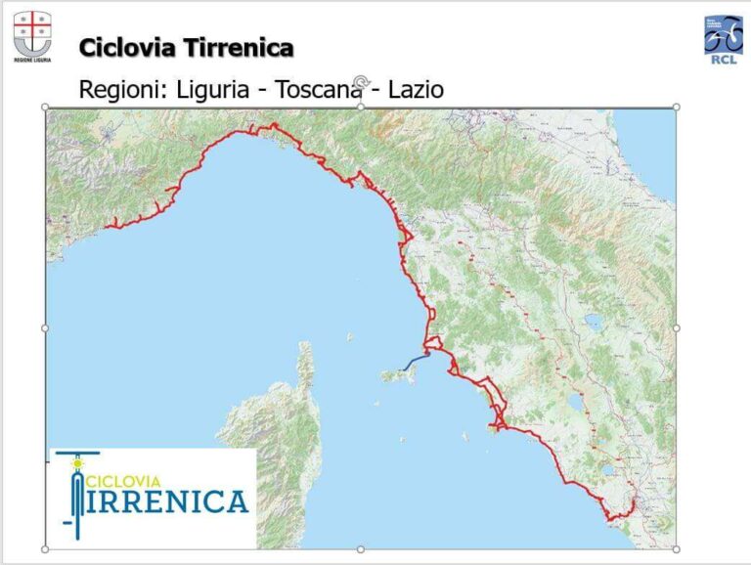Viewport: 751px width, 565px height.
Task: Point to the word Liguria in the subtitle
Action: pos(215,90)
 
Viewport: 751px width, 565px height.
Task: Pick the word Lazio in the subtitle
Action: pos(416,90)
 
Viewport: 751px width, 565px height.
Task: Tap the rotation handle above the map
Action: pos(361,84)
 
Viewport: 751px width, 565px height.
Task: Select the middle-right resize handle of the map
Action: pos(676,327)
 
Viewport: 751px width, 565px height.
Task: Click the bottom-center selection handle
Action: pos(361,548)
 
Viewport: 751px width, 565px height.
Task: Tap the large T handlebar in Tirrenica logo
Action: pos(77,489)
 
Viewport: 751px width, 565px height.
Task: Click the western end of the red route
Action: pos(110,225)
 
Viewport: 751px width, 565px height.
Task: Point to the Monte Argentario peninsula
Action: pos(495,427)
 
